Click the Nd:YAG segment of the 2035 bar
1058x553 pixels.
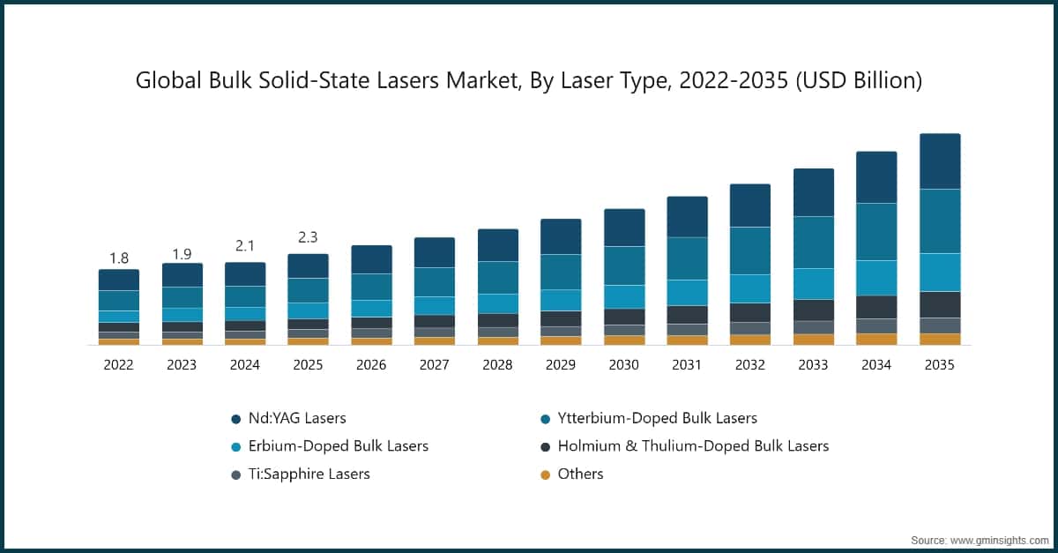[x=940, y=161]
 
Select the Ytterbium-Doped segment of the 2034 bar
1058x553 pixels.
[x=876, y=231]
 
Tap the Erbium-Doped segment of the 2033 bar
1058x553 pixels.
[x=813, y=283]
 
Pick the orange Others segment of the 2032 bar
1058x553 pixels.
[x=749, y=339]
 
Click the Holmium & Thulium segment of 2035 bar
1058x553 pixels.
[x=940, y=304]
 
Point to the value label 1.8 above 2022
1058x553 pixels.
[x=119, y=258]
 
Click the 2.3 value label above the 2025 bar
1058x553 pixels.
[x=308, y=237]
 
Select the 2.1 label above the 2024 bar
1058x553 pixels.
[x=245, y=246]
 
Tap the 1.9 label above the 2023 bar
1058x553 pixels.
[x=182, y=254]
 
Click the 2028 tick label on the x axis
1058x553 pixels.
[x=497, y=365]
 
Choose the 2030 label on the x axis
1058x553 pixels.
[x=623, y=365]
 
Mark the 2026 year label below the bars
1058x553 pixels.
[x=371, y=365]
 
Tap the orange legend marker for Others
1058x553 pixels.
[x=545, y=475]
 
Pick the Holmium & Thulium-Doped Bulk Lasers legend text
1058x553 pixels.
[x=693, y=446]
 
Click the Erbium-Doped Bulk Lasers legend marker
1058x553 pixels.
[x=235, y=446]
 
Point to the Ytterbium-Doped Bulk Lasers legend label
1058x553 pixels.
[x=657, y=418]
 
